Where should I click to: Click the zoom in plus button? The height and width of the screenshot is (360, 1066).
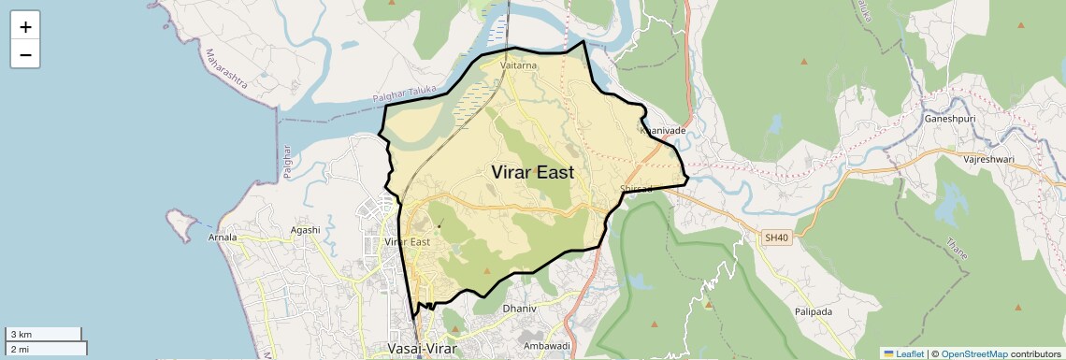[x=25, y=27]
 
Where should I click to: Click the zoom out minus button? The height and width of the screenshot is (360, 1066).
[x=25, y=55]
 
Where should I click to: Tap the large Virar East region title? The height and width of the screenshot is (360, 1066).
[x=532, y=172]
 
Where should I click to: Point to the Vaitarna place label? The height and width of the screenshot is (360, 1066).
[x=519, y=66]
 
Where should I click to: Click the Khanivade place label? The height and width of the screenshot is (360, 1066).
[x=662, y=131]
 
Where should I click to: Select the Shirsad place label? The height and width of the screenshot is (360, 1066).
[x=636, y=189]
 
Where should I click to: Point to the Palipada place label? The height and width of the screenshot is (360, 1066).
[x=814, y=311]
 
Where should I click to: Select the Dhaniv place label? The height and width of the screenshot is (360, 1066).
[x=520, y=308]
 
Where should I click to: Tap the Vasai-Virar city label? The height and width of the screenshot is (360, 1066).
[x=423, y=349]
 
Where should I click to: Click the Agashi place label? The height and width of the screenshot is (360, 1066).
[x=305, y=230]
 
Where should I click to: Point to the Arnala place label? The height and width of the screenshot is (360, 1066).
[x=222, y=238]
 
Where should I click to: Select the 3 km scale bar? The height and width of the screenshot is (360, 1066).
[x=44, y=334]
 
